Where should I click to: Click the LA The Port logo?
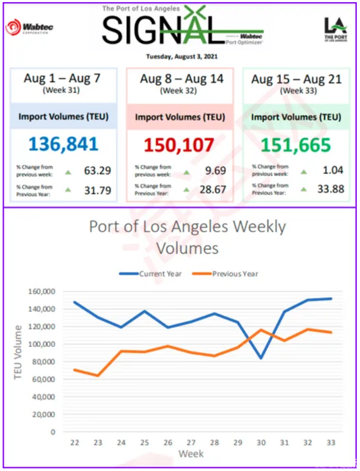coord(335,31)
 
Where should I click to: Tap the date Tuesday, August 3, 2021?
coord(182,56)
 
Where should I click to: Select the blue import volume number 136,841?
coord(64,144)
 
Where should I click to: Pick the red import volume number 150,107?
coord(180,144)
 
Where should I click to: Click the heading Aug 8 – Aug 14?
coord(182,79)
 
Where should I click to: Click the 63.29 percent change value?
coord(98,171)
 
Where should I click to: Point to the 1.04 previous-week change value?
coord(334,170)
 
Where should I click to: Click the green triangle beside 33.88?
coord(303,189)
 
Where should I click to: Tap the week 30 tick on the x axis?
coord(261,443)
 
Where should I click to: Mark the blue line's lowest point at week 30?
coord(261,358)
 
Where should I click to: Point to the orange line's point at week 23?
coord(98,375)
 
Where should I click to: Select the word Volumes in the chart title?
coord(187,248)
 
